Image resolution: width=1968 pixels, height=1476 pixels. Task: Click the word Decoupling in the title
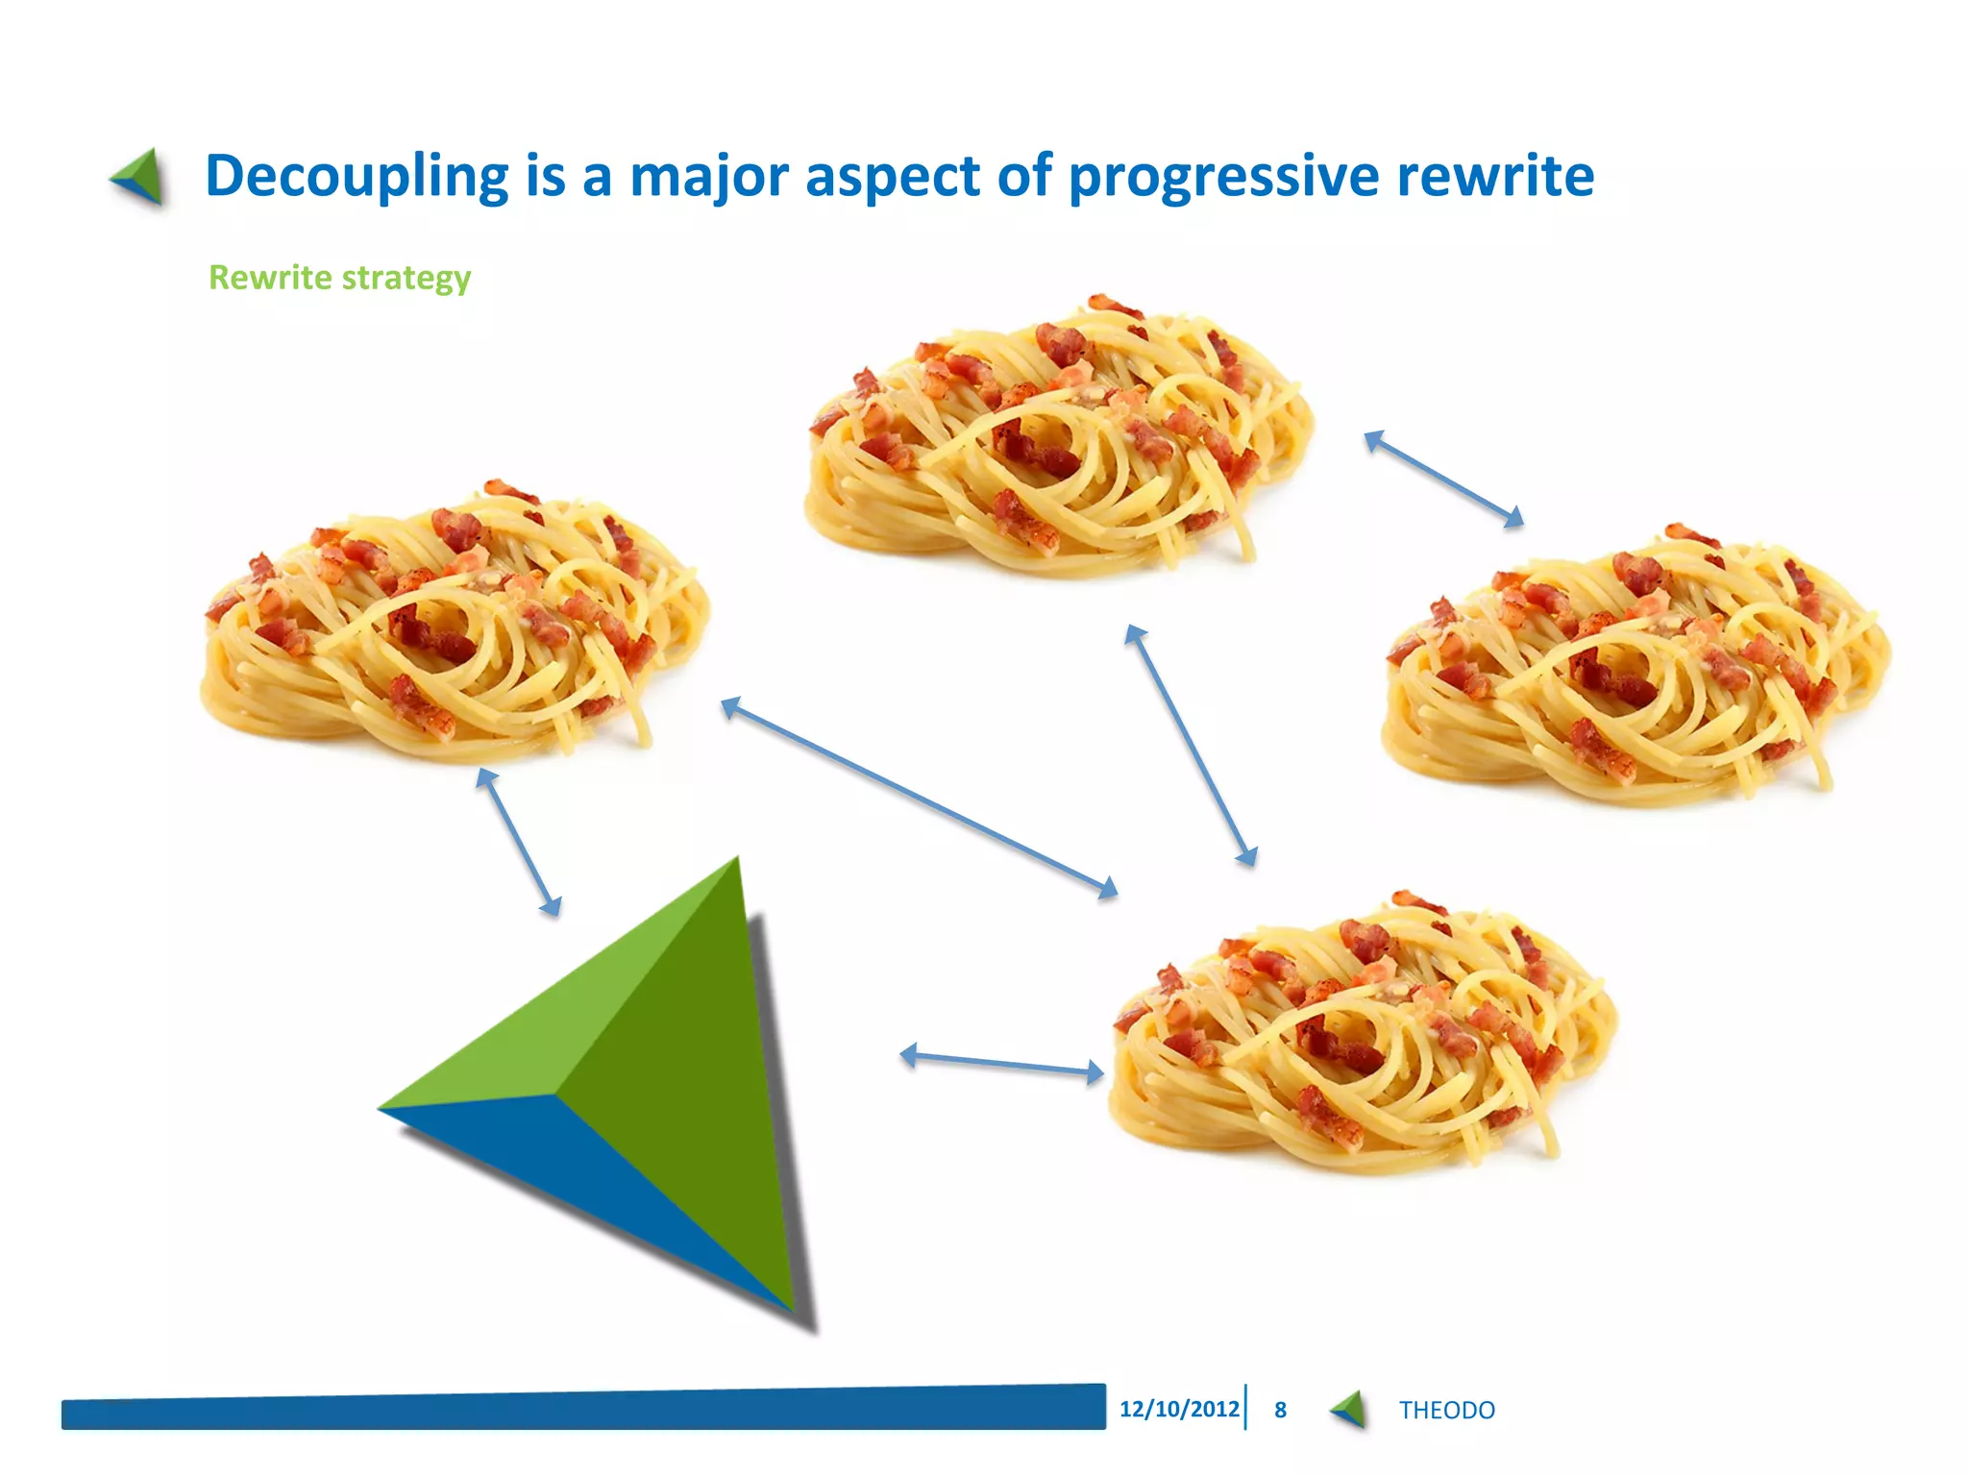click(x=356, y=176)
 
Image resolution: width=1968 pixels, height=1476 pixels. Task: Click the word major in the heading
click(x=708, y=176)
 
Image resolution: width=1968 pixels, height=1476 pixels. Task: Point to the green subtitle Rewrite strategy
click(x=339, y=278)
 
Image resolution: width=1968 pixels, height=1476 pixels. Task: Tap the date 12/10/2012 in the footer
click(x=1179, y=1409)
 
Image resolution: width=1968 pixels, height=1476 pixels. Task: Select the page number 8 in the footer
click(x=1280, y=1410)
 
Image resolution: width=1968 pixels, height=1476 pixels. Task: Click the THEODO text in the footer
click(x=1446, y=1410)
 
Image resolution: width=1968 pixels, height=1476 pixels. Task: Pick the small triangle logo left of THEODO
click(x=1349, y=1410)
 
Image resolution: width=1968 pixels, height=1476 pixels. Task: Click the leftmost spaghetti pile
click(x=452, y=625)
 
